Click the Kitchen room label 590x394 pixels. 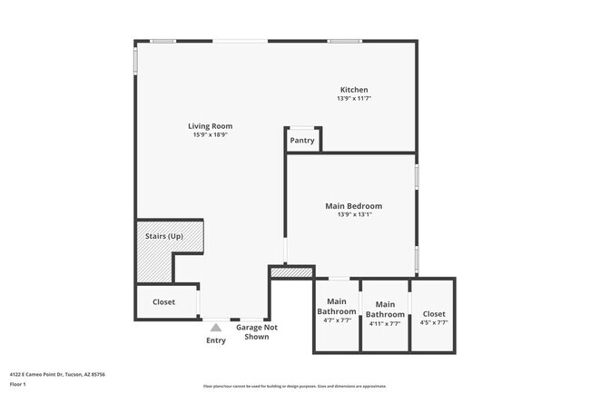(354, 90)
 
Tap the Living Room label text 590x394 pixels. (210, 126)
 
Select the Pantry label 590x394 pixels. (302, 141)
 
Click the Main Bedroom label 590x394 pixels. (353, 206)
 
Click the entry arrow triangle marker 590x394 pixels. (216, 328)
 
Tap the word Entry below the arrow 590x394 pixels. (216, 340)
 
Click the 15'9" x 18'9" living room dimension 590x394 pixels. (210, 135)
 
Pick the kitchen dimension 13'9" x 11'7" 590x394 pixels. (354, 98)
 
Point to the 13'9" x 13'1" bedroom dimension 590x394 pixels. (353, 215)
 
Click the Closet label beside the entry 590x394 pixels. (163, 301)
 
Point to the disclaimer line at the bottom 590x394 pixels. (294, 386)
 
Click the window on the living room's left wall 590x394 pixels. (136, 60)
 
